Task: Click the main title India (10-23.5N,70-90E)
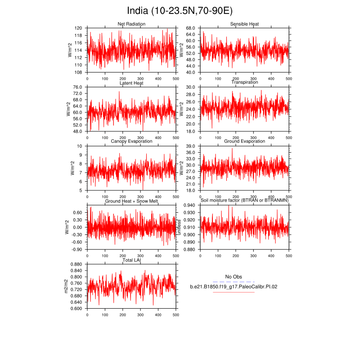[180, 11]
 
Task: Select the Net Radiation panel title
[131, 24]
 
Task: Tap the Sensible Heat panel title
[244, 24]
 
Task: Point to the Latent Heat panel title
[131, 83]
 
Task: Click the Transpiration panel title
[244, 82]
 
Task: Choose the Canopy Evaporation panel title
[131, 141]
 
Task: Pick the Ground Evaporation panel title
[244, 141]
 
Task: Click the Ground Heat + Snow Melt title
[131, 201]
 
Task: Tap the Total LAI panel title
[131, 260]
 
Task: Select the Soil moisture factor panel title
[244, 201]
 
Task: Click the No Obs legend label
[233, 276]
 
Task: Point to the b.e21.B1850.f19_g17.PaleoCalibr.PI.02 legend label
[233, 286]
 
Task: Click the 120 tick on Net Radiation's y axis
[78, 28]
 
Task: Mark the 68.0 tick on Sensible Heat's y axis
[189, 28]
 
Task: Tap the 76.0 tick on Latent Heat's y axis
[77, 87]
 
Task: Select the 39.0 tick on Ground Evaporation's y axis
[189, 146]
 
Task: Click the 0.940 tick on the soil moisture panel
[188, 205]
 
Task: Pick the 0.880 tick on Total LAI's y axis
[76, 264]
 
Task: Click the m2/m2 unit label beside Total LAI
[66, 286]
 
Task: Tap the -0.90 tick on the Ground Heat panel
[76, 249]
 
